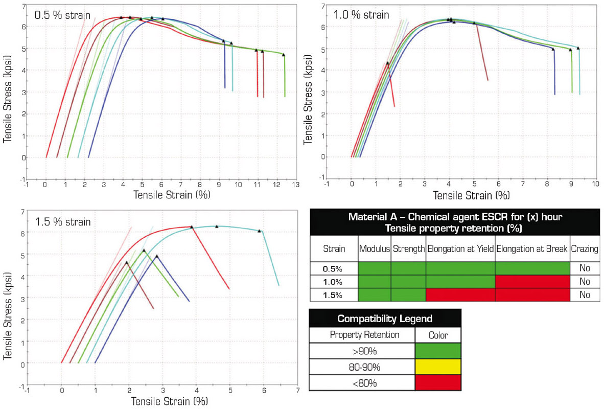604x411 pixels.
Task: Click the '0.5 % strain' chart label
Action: coord(62,15)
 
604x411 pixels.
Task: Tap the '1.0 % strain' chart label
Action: coord(361,14)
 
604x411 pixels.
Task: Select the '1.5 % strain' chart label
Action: coord(63,221)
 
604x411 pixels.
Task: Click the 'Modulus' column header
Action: coord(375,249)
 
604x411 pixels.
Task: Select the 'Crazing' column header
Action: coord(585,249)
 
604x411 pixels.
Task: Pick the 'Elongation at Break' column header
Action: coord(532,249)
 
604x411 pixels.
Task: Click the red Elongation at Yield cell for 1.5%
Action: coord(460,295)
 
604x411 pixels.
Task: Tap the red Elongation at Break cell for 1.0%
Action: coord(532,282)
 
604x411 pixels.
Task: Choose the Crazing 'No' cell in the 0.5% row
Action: coord(585,268)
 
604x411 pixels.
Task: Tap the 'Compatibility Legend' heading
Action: coord(385,318)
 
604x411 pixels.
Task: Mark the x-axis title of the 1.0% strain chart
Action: coord(471,195)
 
